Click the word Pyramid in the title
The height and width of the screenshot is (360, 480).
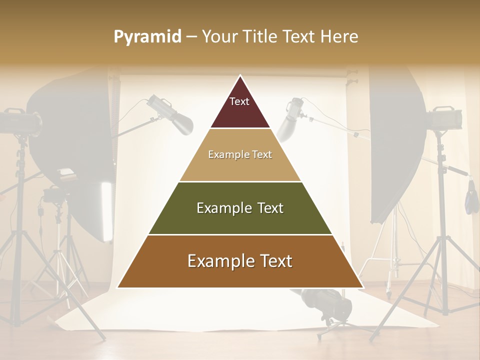pyautogui.click(x=147, y=37)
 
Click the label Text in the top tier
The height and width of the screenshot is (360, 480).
pyautogui.click(x=239, y=101)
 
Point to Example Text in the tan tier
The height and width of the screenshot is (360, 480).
pyautogui.click(x=240, y=154)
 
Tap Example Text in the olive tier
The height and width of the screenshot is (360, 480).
pyautogui.click(x=240, y=208)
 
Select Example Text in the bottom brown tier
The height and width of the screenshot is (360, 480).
pyautogui.click(x=240, y=261)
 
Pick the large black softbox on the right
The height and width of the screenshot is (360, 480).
pyautogui.click(x=395, y=145)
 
